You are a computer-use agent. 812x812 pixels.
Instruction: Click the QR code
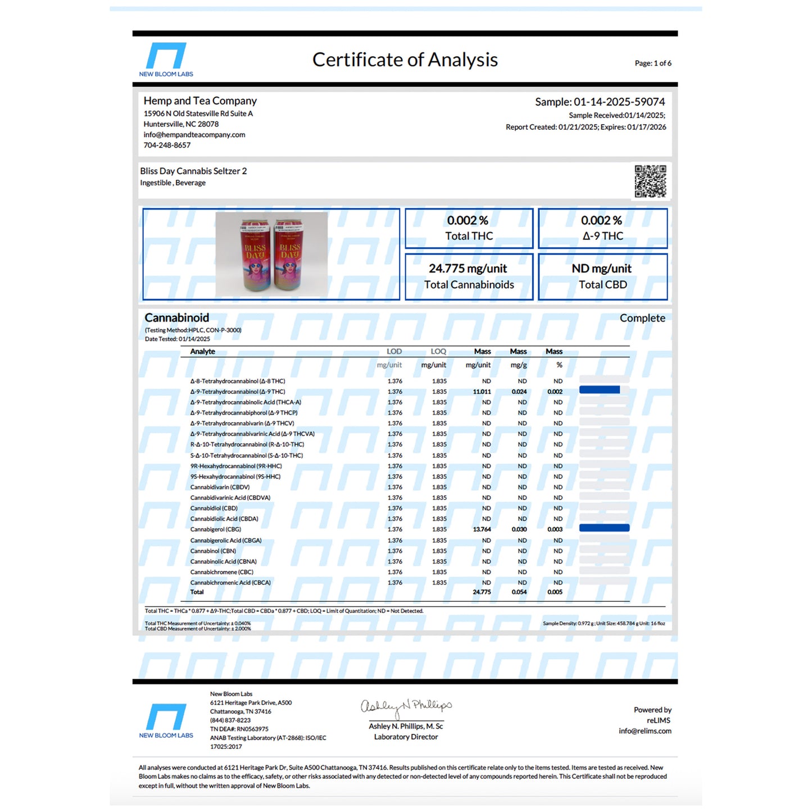[650, 181]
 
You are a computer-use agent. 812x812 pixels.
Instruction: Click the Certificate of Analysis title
[405, 60]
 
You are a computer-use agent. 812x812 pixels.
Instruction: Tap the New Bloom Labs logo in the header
[166, 59]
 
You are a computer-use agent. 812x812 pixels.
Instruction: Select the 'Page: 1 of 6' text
[652, 63]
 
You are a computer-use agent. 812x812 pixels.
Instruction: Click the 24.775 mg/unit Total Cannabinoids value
[468, 269]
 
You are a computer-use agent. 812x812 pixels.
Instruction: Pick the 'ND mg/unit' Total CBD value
[602, 269]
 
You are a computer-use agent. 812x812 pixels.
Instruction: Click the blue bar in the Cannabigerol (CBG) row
[604, 528]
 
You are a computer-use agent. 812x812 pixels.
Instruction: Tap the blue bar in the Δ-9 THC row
[599, 390]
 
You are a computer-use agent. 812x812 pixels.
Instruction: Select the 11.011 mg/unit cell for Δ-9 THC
[482, 392]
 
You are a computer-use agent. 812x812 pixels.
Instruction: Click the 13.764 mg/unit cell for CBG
[482, 529]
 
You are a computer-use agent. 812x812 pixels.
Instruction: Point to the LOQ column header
[438, 352]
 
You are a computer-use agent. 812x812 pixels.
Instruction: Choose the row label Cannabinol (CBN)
[213, 551]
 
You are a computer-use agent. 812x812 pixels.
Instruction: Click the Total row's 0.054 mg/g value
[519, 592]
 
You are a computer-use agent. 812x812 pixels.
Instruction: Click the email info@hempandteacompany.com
[194, 135]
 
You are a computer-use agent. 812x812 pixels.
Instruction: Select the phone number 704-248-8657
[167, 146]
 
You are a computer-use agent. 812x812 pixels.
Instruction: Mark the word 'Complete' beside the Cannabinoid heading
[642, 318]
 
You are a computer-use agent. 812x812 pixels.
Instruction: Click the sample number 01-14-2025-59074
[619, 102]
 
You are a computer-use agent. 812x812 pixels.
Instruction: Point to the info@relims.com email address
[645, 731]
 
